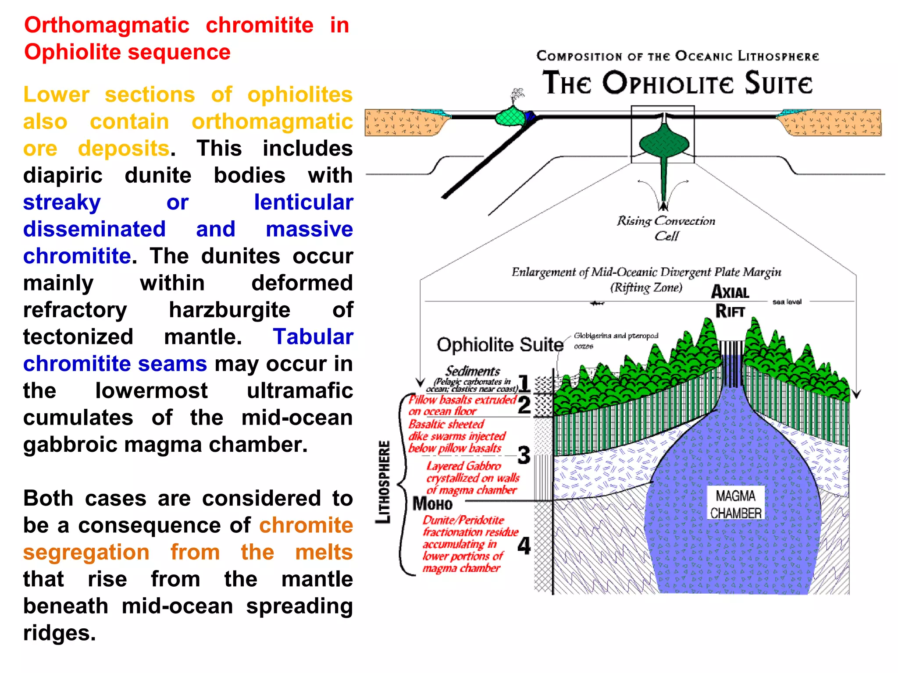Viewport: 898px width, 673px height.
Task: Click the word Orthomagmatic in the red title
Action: (x=107, y=25)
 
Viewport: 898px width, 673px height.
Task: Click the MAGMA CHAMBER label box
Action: (x=736, y=504)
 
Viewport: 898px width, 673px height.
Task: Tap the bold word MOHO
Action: (x=432, y=504)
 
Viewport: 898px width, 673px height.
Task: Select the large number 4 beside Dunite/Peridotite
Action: (x=524, y=546)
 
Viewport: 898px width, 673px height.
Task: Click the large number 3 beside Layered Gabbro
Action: (x=524, y=455)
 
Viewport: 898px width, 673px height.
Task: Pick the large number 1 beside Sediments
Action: (x=524, y=383)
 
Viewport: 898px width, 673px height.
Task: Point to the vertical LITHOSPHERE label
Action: (x=383, y=482)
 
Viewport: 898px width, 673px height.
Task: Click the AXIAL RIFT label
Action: (x=730, y=301)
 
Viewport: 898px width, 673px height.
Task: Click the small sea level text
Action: (x=787, y=302)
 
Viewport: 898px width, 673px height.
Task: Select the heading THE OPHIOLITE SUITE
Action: (x=677, y=83)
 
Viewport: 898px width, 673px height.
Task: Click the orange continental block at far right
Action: (x=833, y=122)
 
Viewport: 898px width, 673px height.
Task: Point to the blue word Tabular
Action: (x=313, y=337)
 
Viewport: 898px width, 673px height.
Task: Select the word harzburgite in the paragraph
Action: (x=230, y=310)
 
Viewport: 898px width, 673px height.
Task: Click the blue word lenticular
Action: (x=303, y=202)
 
